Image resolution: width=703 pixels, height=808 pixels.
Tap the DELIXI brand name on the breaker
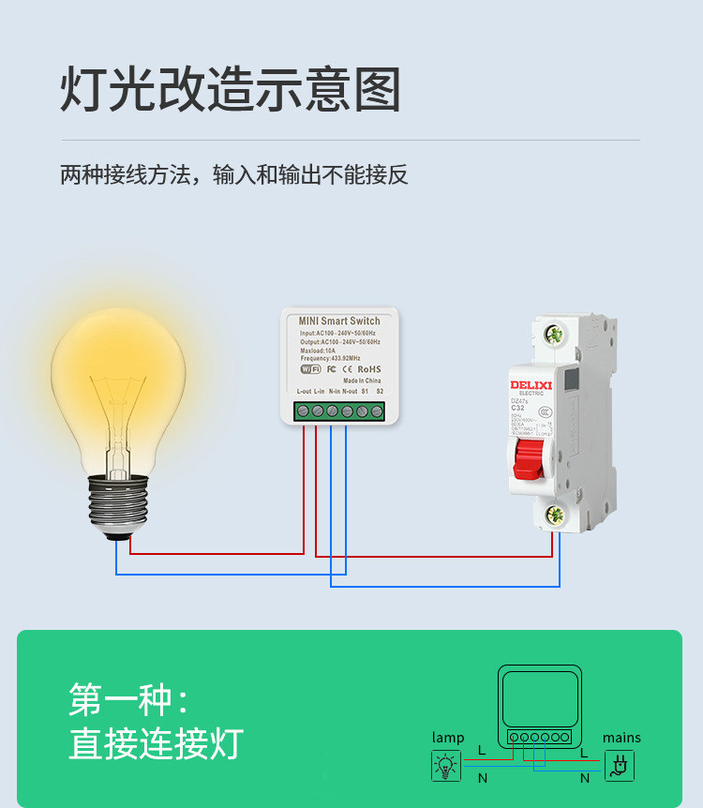532,384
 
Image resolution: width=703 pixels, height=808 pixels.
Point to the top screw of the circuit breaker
554,334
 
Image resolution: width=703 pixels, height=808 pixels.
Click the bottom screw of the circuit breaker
554,513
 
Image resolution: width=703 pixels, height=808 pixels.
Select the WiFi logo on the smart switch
310,369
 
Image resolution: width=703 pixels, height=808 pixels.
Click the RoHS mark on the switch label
369,369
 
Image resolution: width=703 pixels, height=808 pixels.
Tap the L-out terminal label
303,391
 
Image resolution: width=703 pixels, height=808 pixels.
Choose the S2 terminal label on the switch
380,391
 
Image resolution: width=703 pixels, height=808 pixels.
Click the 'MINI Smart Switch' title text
339,322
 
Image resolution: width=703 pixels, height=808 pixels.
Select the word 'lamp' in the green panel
448,738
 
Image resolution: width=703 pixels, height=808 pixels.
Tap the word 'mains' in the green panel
621,738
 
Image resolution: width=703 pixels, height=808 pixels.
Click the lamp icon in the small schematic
446,767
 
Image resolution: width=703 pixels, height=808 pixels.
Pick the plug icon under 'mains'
620,767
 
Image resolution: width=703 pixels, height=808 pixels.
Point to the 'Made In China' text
362,381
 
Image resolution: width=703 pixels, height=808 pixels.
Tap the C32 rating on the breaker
517,409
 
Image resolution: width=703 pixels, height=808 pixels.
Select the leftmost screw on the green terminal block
303,411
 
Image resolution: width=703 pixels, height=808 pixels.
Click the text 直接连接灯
156,743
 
